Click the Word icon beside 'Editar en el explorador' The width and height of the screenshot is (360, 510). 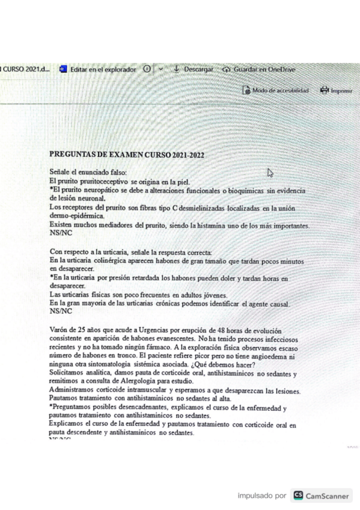pyautogui.click(x=63, y=69)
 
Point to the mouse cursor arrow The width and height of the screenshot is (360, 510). pyautogui.click(x=270, y=173)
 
